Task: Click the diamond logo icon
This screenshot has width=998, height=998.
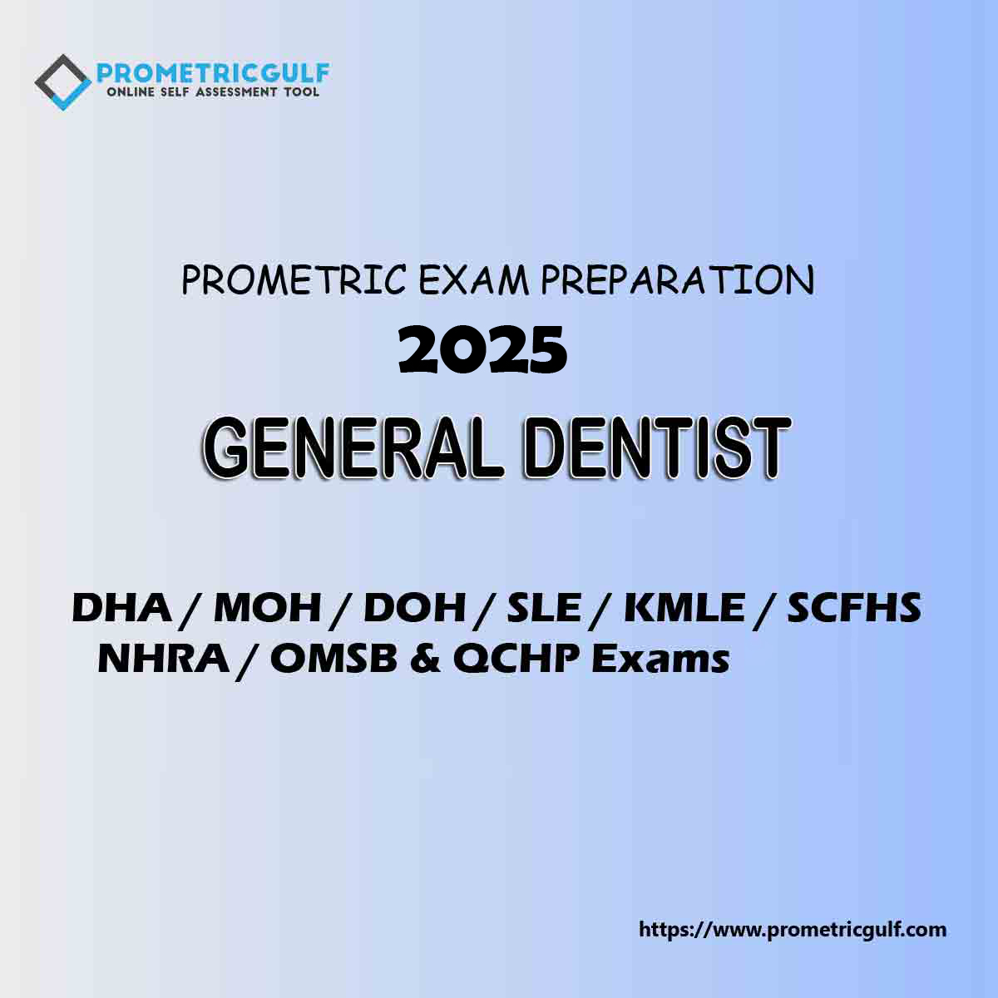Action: coord(62,82)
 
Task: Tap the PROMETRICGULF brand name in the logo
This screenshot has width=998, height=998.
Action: coord(213,73)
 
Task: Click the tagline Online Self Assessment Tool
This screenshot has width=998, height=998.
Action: coord(213,92)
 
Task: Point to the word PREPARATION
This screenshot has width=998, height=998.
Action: coord(677,281)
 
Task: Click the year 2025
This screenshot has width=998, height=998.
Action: coord(483,351)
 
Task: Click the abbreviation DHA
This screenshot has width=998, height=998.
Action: coord(121,609)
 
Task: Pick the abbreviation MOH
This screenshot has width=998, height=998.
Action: coord(267,609)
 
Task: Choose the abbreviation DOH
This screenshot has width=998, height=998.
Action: coord(414,609)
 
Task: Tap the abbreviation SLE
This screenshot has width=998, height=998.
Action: coord(543,609)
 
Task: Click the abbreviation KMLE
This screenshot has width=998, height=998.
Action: coord(684,609)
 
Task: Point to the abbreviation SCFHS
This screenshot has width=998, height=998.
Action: coord(854,609)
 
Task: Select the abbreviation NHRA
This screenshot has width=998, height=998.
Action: coord(163,660)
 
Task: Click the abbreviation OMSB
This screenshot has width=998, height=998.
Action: coord(333,660)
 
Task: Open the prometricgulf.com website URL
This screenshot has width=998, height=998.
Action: coord(793,929)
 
